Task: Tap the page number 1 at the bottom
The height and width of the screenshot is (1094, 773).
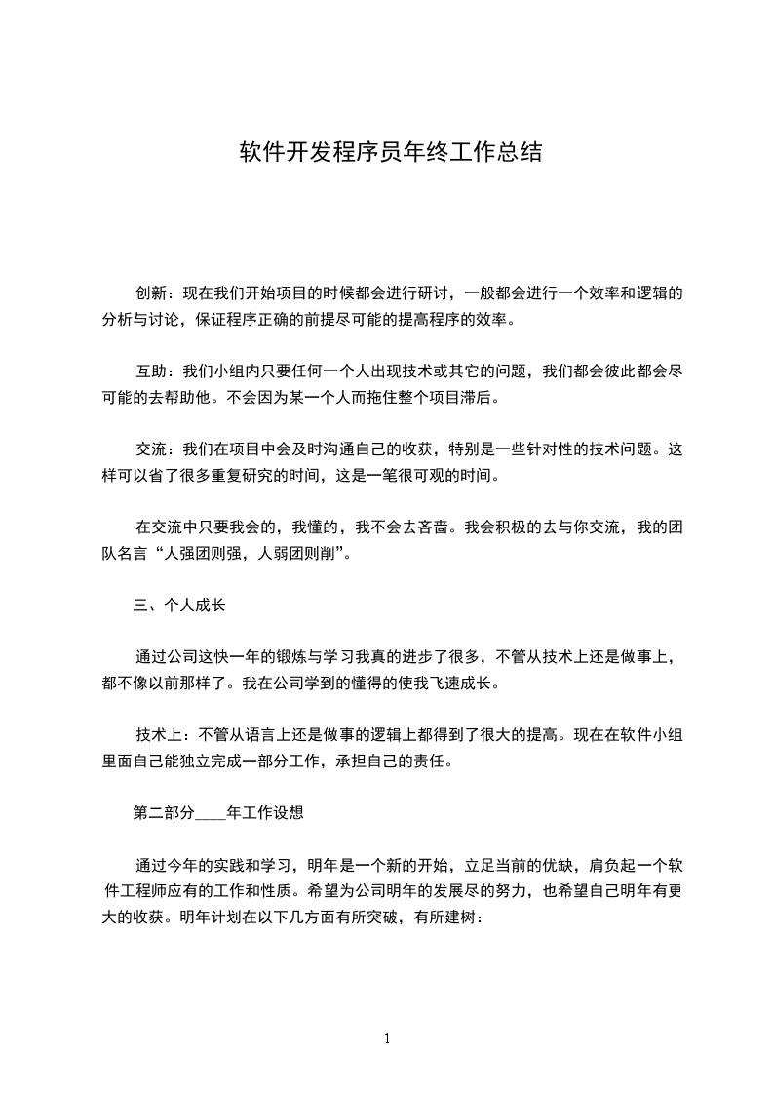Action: pos(387,1038)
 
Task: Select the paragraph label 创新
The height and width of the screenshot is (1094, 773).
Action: pos(149,293)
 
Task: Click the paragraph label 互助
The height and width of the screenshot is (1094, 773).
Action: pos(149,371)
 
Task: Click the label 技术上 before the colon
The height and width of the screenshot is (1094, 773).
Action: pos(157,735)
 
